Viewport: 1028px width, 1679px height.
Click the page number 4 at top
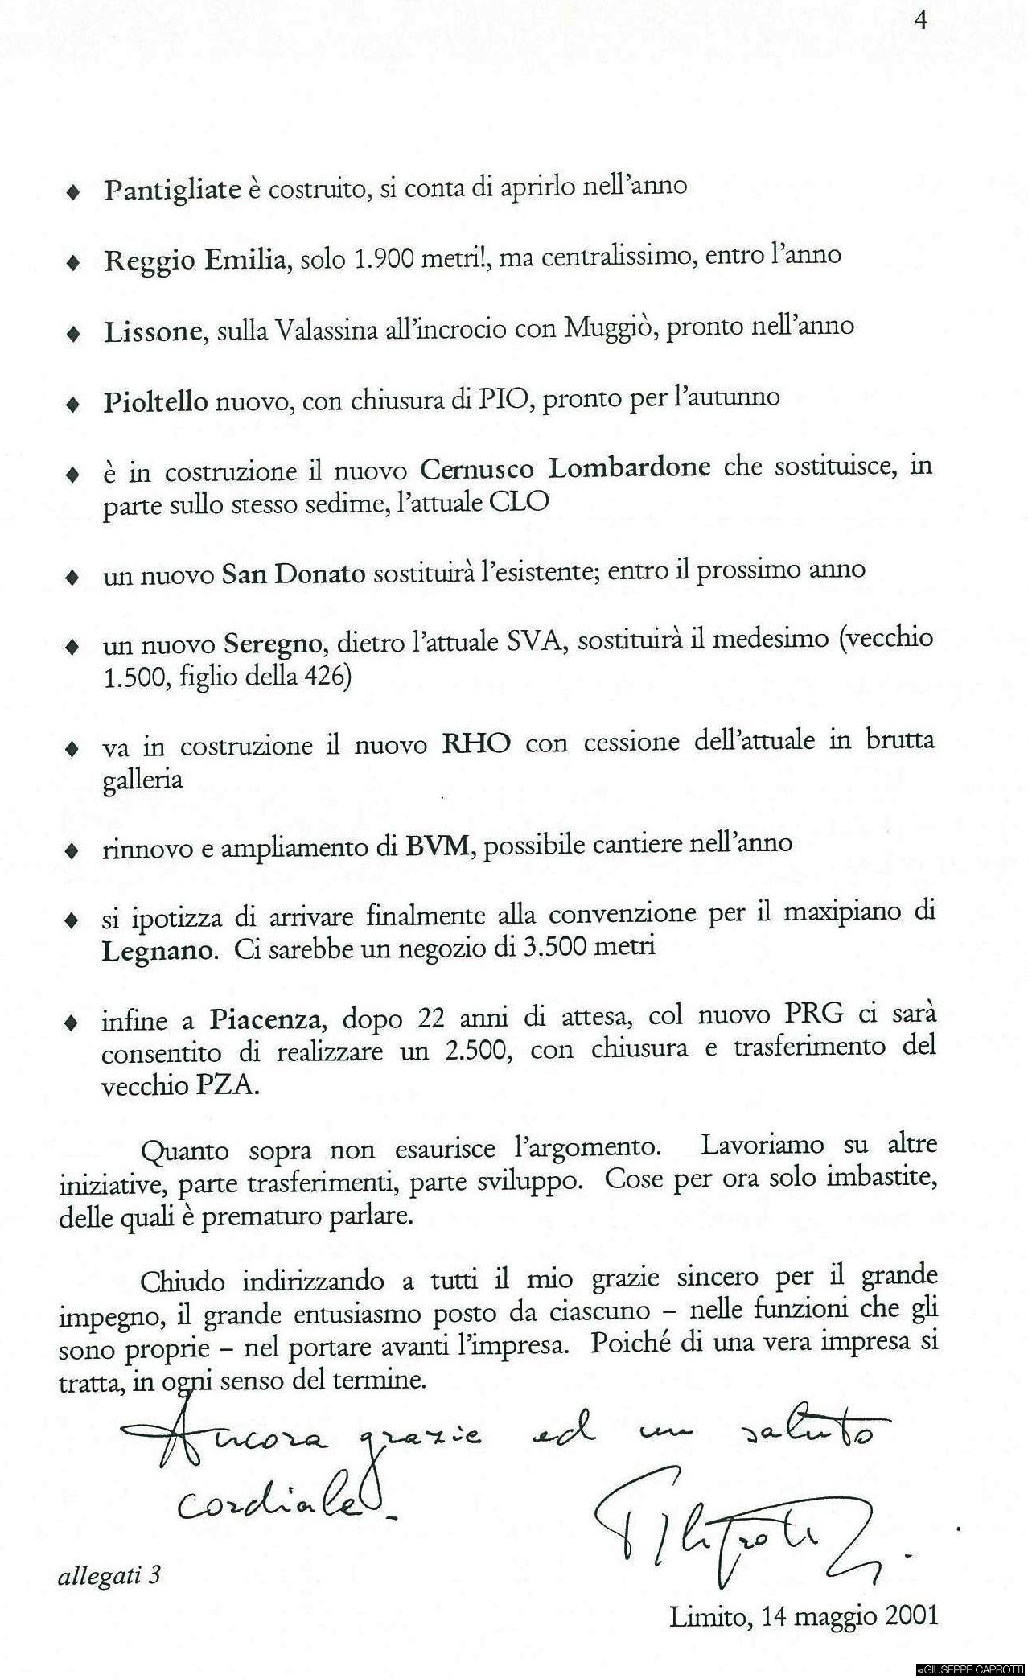[x=921, y=20]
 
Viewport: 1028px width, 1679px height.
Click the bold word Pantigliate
[x=172, y=189]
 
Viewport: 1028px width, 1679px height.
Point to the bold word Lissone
[x=152, y=331]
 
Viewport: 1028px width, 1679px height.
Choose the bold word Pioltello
[x=155, y=401]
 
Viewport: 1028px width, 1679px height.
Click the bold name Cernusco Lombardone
[x=565, y=467]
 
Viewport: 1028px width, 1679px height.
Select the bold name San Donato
[x=294, y=574]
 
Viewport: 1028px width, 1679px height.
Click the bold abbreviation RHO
[x=476, y=743]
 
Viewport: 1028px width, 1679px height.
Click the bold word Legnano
[x=159, y=951]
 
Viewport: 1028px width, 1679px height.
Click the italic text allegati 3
[x=109, y=1574]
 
